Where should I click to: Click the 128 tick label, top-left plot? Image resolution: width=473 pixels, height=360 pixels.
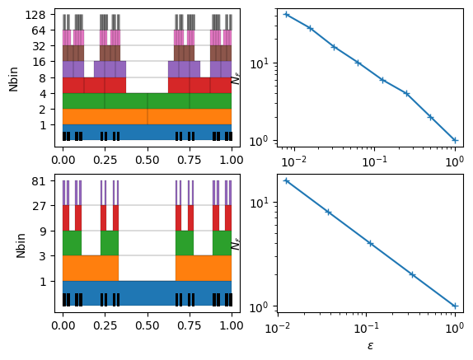coord(35,15)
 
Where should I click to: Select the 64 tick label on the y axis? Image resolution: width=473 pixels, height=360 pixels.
coord(39,30)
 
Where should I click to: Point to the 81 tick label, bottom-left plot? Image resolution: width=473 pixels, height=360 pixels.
coord(39,181)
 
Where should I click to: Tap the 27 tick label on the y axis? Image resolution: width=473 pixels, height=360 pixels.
coord(39,206)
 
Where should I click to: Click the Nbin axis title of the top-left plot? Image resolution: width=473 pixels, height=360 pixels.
coord(13,79)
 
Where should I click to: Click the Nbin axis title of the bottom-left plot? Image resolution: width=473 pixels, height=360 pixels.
coord(21,245)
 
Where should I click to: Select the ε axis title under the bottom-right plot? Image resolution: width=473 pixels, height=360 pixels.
coord(371,345)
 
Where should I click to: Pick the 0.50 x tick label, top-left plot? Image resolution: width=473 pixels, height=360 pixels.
coord(148,160)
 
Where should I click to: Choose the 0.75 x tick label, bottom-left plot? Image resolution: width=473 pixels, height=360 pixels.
coord(190,325)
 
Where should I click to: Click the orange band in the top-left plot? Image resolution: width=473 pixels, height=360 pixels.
coord(148,117)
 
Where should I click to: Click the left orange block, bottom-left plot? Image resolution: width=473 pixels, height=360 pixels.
coord(91,269)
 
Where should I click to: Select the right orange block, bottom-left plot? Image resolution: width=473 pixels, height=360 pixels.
coord(204,269)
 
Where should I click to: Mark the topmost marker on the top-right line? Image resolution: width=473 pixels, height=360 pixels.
coord(287,15)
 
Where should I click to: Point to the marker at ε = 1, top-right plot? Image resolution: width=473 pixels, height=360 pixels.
coord(455,140)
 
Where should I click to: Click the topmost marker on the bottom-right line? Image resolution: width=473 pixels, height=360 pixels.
coord(286,181)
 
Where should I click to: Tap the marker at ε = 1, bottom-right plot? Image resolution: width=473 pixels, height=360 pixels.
coord(455,306)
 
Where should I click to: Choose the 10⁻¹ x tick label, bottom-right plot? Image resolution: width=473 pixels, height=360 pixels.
coord(366,328)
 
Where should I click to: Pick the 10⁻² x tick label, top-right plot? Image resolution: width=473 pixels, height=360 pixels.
coord(294,161)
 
